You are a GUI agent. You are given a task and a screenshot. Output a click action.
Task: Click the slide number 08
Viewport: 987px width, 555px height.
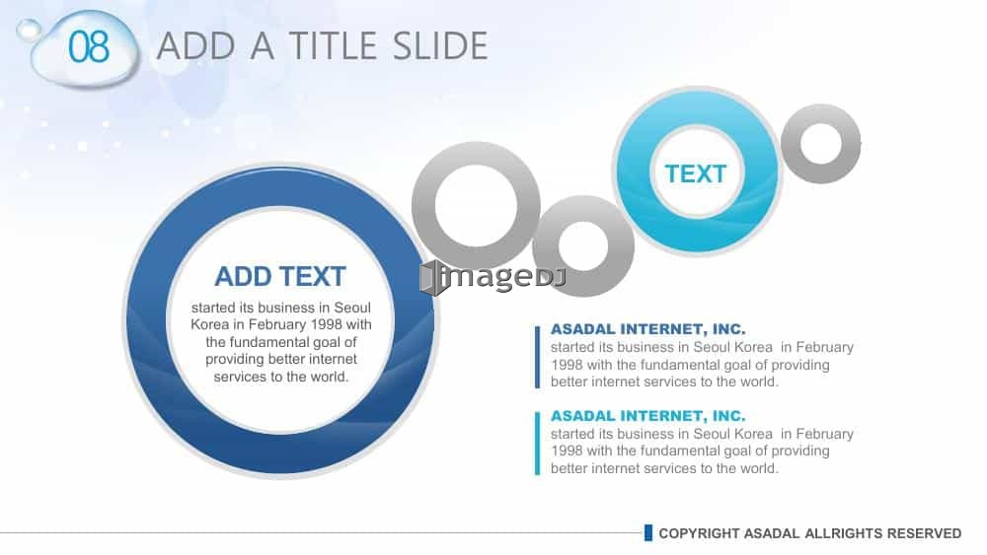(89, 47)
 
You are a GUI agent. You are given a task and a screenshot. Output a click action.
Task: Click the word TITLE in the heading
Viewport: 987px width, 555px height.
(334, 46)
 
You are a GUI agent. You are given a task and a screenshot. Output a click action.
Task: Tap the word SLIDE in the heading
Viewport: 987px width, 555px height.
(439, 46)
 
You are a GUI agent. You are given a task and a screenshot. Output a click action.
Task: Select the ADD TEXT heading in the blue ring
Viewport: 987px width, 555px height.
(280, 277)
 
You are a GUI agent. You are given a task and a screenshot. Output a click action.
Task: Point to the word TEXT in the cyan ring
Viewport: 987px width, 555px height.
(696, 174)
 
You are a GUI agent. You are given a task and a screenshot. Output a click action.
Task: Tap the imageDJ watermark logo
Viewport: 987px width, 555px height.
(493, 277)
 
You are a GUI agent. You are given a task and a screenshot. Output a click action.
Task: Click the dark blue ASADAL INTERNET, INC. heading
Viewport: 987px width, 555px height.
(647, 328)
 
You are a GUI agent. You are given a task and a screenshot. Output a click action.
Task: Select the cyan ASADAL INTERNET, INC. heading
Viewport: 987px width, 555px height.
(647, 415)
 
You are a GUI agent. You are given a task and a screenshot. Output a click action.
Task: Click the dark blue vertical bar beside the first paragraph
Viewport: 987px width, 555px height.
(538, 357)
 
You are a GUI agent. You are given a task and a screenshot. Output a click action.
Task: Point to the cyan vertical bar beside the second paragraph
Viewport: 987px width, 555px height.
(538, 444)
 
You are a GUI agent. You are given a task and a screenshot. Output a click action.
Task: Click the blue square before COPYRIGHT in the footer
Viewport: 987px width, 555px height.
(648, 533)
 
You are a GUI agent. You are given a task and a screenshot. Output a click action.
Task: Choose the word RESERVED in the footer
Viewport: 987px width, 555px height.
(924, 533)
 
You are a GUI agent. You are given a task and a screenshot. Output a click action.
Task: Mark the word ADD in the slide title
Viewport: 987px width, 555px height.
(195, 46)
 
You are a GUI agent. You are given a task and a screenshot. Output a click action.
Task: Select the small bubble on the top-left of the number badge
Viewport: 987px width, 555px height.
(28, 29)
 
